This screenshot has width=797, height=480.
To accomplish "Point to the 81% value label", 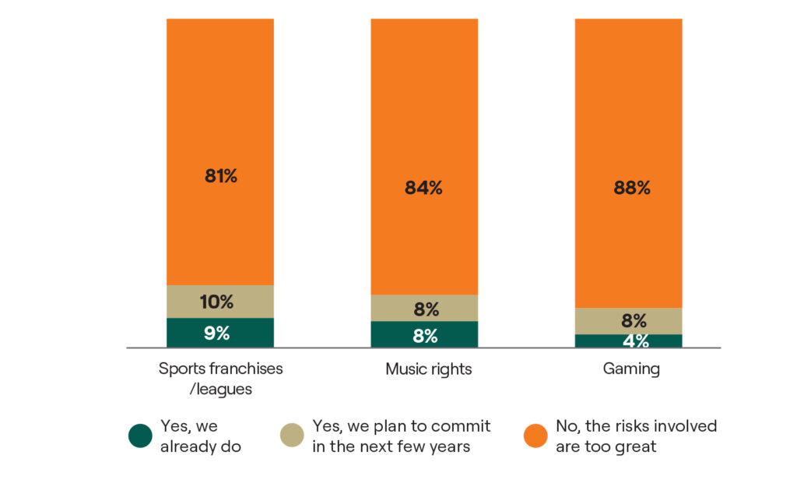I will click(x=221, y=176).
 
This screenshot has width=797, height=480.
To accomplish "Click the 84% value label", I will click(x=424, y=188).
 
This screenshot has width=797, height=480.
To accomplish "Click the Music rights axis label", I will click(x=429, y=369).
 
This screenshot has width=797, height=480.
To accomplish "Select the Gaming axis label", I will click(x=631, y=369).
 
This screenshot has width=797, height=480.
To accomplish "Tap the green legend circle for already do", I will click(x=140, y=436).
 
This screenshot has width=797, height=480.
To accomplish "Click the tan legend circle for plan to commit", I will click(x=292, y=436).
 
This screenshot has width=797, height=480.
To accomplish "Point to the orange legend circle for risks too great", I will click(x=535, y=436).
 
